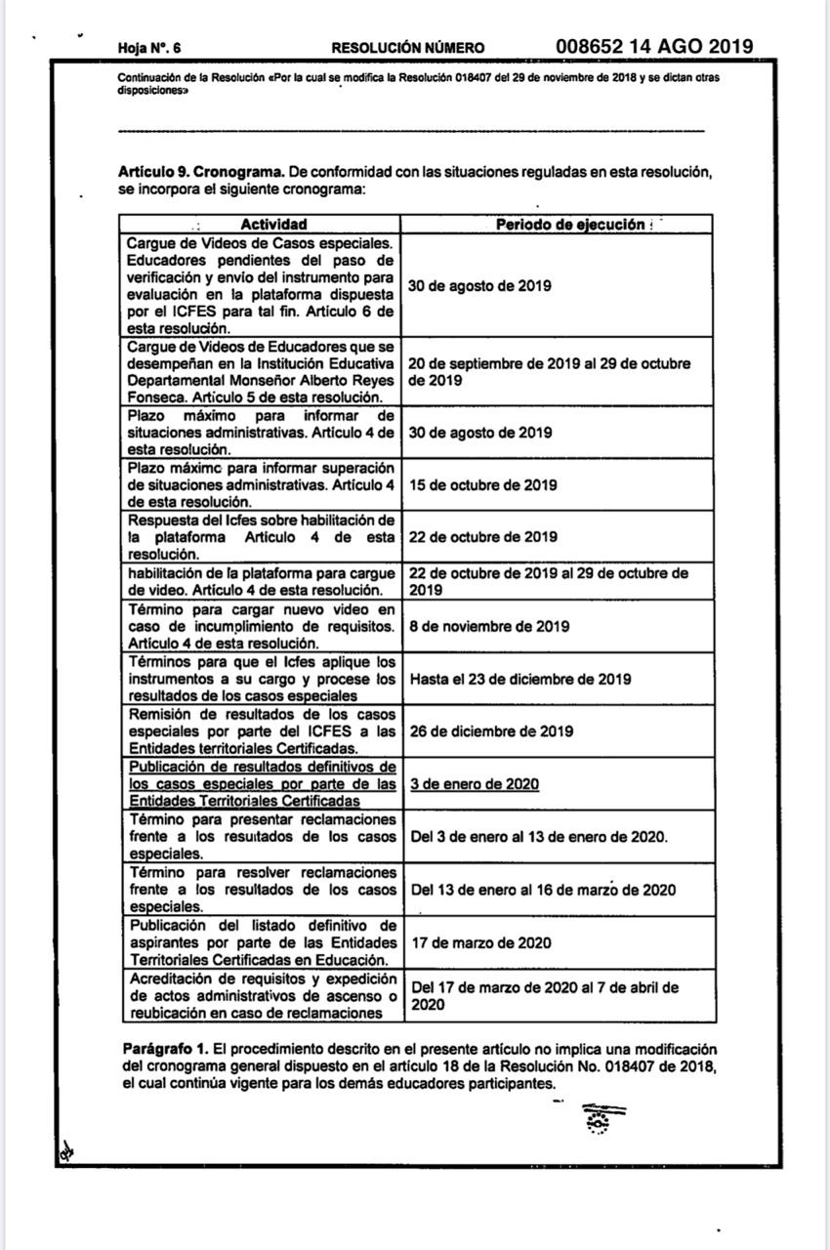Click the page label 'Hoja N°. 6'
pyautogui.click(x=149, y=48)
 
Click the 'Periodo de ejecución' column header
pyautogui.click(x=570, y=225)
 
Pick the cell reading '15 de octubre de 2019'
pyautogui.click(x=482, y=484)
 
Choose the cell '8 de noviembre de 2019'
pyautogui.click(x=489, y=627)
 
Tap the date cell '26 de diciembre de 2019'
pyautogui.click(x=490, y=731)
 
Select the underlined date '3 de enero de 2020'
pyautogui.click(x=475, y=784)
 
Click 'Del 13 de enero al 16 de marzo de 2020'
pyautogui.click(x=543, y=890)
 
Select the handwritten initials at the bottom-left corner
pyautogui.click(x=66, y=1151)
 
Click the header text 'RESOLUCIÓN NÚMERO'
pyautogui.click(x=407, y=48)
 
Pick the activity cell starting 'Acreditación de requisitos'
pyautogui.click(x=262, y=995)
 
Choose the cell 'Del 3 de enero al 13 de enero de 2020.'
pyautogui.click(x=539, y=837)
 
